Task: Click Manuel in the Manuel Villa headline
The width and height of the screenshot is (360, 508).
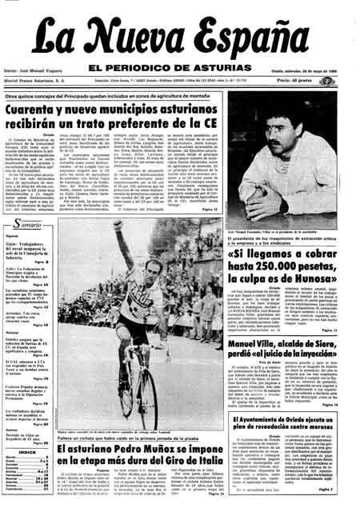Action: (x=227, y=344)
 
